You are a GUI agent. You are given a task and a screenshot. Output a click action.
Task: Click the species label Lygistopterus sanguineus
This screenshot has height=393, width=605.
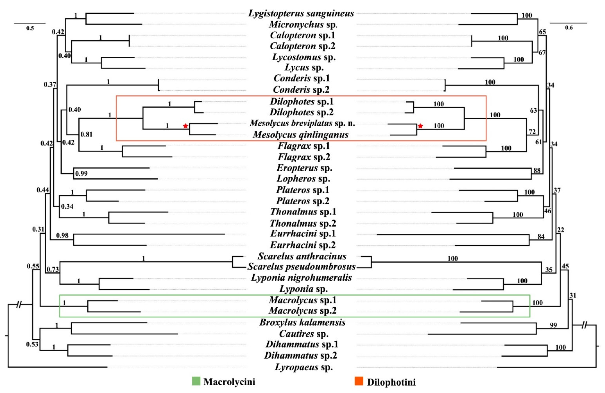[x=301, y=13]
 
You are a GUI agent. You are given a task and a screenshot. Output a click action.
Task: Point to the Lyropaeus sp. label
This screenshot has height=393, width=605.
[x=304, y=367]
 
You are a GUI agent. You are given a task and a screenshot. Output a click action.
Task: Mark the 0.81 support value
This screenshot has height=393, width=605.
[x=86, y=134]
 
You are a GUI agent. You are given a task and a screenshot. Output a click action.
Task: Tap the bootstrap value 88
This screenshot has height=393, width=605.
[x=537, y=170]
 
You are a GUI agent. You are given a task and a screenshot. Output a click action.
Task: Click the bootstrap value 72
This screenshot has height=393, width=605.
[x=532, y=131]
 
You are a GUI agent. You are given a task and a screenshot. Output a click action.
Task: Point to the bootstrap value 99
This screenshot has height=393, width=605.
[x=553, y=325]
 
